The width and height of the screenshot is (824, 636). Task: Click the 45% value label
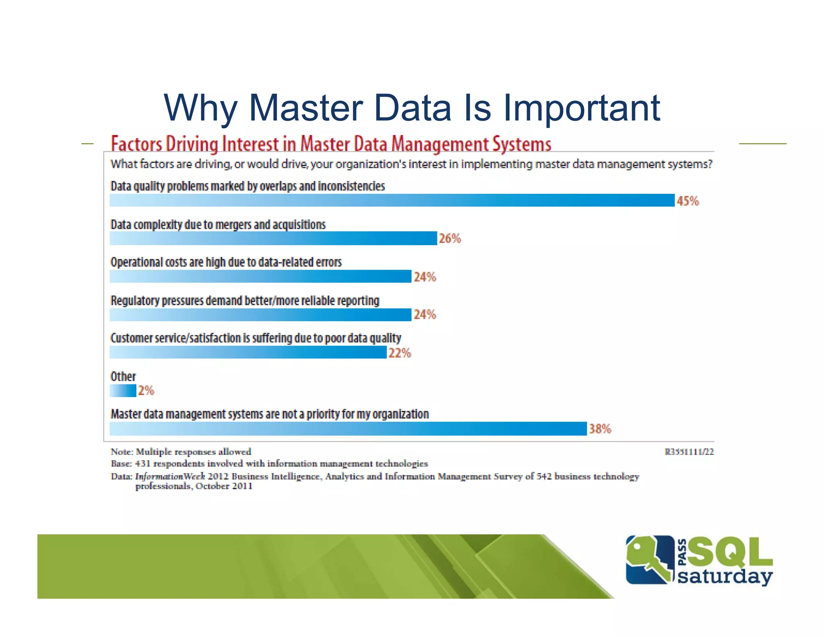click(688, 201)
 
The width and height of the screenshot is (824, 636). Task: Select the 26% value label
click(449, 238)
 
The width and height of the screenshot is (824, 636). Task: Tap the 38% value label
click(600, 429)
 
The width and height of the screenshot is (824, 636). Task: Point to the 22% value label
click(400, 353)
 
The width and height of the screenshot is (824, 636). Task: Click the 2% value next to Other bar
click(146, 390)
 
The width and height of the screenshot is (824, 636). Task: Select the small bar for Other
click(123, 391)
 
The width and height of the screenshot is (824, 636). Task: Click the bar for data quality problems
click(392, 200)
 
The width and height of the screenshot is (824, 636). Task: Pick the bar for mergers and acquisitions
click(273, 238)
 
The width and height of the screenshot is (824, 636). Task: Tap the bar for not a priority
click(348, 429)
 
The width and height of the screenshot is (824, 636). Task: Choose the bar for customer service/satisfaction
click(248, 353)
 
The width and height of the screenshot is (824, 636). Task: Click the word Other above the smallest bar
click(123, 377)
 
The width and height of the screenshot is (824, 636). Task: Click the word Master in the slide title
click(306, 108)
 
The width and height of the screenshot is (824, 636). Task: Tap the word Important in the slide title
click(581, 108)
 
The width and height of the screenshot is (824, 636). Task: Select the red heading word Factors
click(136, 144)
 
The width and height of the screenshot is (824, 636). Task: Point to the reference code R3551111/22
click(689, 452)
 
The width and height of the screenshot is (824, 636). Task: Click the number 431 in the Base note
click(142, 464)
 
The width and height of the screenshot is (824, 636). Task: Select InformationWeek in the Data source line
click(170, 476)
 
